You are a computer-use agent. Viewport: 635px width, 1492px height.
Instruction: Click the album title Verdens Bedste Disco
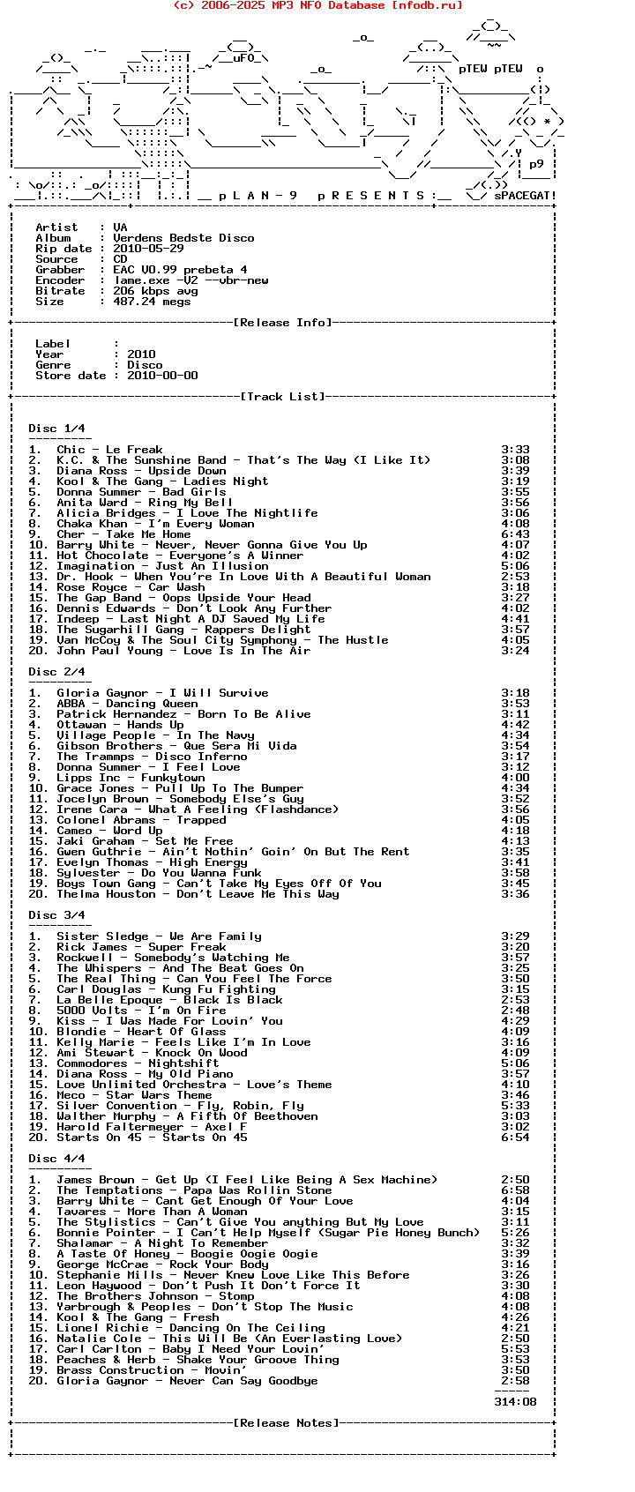point(183,238)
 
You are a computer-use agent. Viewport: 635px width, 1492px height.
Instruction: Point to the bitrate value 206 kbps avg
point(155,291)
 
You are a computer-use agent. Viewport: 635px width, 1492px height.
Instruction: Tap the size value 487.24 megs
point(152,302)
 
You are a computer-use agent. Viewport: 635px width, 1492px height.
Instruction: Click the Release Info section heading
point(282,323)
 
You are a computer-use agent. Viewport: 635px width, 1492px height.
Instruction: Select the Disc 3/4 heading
point(56,915)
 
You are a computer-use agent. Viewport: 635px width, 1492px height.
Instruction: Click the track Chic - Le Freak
point(109,450)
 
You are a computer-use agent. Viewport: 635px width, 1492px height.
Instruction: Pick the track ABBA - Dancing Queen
point(127,704)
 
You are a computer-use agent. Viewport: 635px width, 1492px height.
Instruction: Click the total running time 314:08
point(515,1402)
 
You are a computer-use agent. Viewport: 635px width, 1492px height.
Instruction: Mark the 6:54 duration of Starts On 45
point(515,1138)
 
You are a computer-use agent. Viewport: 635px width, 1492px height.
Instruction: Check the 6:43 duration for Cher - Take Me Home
point(515,534)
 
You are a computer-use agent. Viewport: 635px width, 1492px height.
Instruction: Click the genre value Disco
point(145,365)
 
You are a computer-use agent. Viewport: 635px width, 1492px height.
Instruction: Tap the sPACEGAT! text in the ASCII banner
point(525,196)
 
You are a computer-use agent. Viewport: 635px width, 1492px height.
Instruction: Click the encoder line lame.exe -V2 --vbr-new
point(190,280)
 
